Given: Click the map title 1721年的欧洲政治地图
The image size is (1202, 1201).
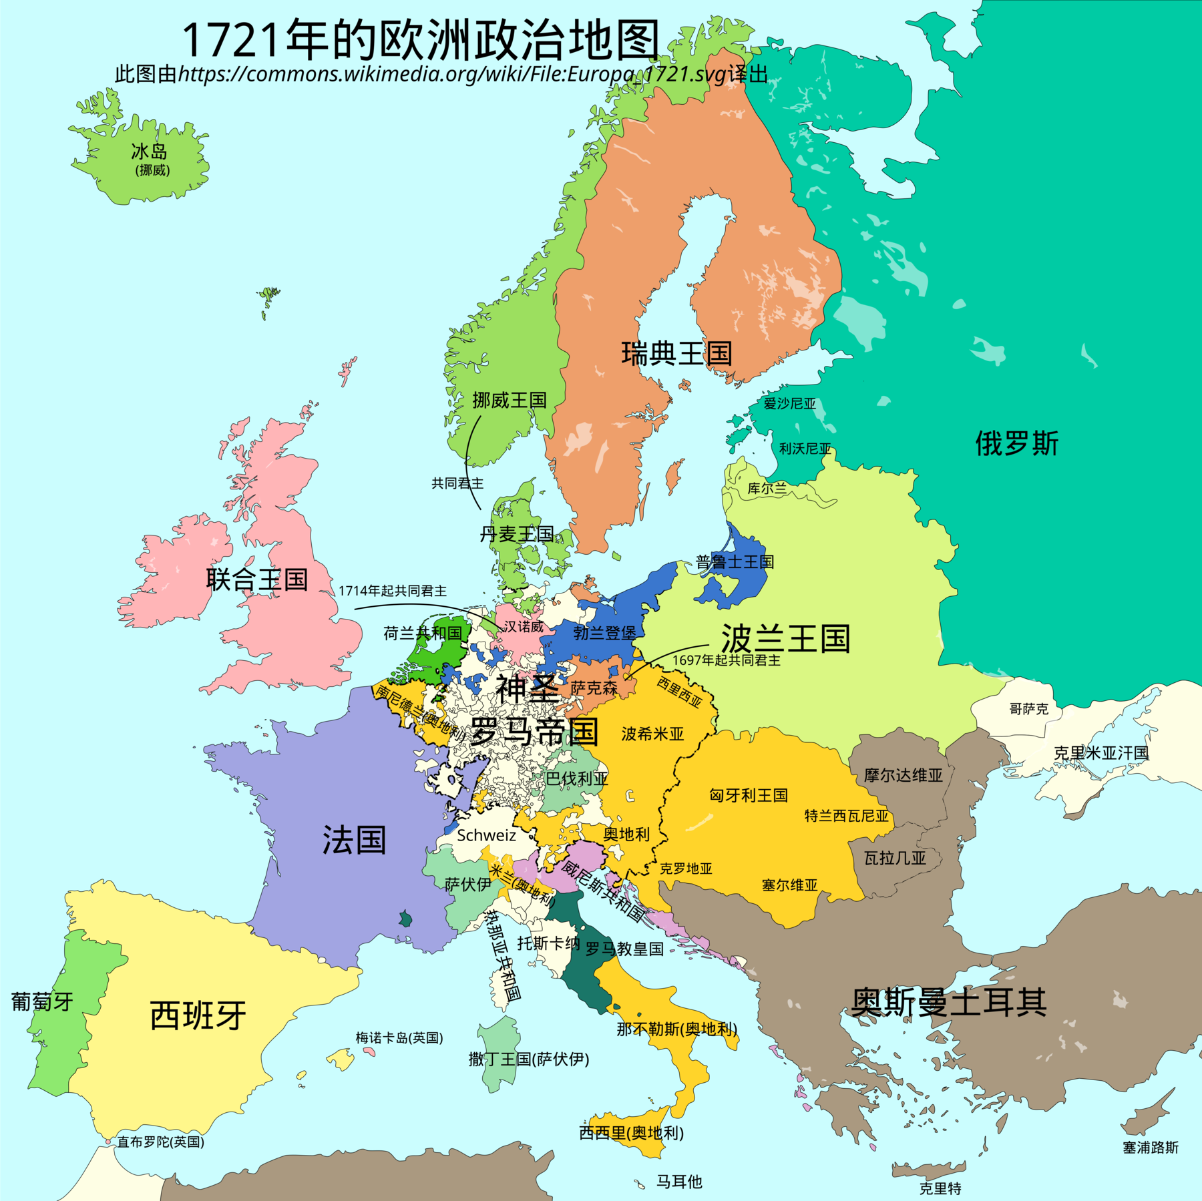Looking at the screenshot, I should tap(421, 40).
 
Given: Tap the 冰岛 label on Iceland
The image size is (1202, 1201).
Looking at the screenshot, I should tap(149, 152).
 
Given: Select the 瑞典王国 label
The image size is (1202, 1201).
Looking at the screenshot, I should tap(676, 353).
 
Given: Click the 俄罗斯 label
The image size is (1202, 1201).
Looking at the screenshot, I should tap(1016, 443).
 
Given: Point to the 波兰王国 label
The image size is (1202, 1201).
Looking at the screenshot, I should tap(785, 639).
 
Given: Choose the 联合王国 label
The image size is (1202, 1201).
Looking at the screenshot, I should tap(257, 579).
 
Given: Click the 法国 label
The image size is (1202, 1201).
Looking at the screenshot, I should tap(354, 839).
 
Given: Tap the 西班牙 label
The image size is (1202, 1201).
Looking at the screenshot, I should tap(198, 1015).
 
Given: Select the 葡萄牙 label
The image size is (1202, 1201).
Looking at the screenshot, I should tap(42, 1001).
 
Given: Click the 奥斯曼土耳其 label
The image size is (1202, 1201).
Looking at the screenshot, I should tap(948, 1002).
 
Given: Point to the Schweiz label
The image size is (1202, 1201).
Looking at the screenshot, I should tap(486, 835).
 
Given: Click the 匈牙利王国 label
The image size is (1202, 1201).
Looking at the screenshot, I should tap(748, 795).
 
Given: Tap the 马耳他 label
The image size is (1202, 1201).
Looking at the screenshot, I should tap(679, 1181).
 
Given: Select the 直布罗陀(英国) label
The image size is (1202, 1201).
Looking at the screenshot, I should tap(160, 1142).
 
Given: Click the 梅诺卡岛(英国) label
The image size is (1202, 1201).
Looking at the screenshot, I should tap(399, 1037).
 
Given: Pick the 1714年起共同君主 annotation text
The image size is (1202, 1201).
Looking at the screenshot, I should tap(393, 591).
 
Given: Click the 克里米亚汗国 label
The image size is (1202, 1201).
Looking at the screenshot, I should tap(1101, 753).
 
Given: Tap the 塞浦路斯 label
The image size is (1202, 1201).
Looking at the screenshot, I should tap(1151, 1147).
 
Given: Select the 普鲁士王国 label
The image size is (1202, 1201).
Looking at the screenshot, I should tap(735, 561).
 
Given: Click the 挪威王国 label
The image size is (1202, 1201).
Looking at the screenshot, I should tap(510, 400).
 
